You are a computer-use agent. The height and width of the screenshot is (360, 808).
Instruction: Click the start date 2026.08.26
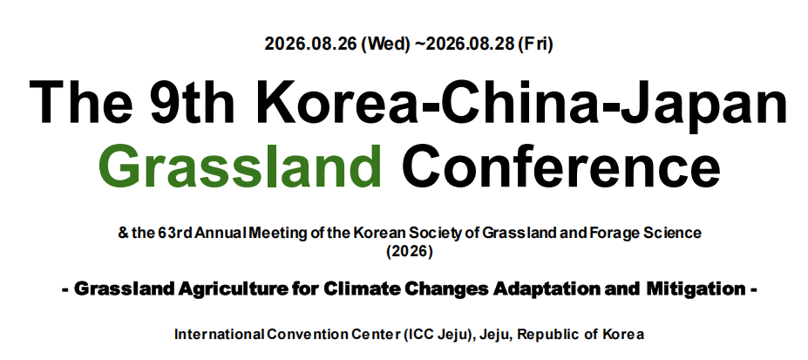[x=310, y=44]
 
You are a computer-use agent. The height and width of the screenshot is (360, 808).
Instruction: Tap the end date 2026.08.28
[x=471, y=44]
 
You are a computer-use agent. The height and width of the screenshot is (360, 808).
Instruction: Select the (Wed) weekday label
[x=385, y=44]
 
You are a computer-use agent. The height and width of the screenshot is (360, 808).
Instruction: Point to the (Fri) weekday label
[x=535, y=44]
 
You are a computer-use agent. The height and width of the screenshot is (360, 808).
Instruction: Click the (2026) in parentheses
[x=410, y=253]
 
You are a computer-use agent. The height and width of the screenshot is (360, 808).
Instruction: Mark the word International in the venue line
[x=219, y=335]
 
